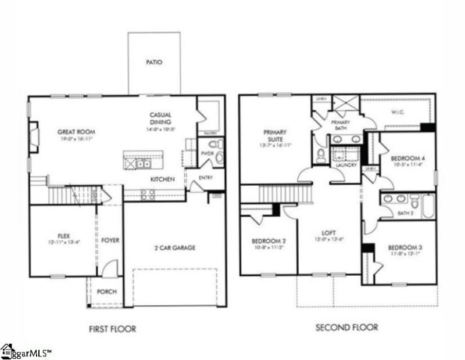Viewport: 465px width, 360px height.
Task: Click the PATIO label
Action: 153,62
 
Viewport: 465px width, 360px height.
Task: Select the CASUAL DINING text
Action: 160,118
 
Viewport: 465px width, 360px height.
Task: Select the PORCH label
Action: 106,292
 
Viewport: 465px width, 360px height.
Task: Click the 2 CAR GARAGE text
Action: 176,248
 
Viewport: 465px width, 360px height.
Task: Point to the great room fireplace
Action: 34,136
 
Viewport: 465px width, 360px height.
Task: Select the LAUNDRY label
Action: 345,165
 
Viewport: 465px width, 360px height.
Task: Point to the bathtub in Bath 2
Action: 428,205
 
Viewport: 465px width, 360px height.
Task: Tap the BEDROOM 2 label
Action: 267,242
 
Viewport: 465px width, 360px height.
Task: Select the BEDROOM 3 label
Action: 405,248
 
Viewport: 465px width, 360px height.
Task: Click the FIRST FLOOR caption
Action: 112,329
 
